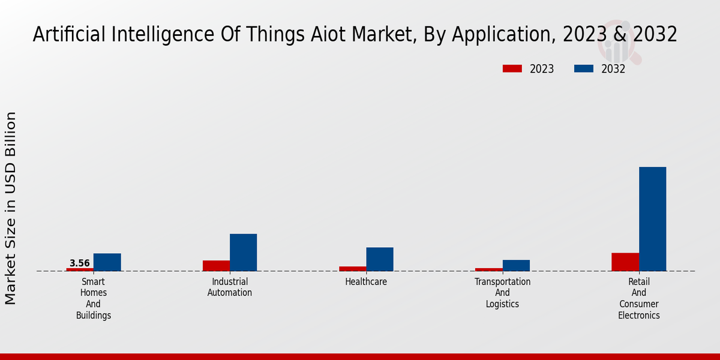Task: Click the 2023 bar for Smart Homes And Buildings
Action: pyautogui.click(x=80, y=269)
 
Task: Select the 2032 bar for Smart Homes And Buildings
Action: pyautogui.click(x=107, y=262)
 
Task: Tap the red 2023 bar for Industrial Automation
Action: pyautogui.click(x=216, y=266)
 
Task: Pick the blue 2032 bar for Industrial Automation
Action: pyautogui.click(x=243, y=253)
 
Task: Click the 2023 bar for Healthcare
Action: pyautogui.click(x=352, y=269)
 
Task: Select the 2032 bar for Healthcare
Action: pyautogui.click(x=380, y=259)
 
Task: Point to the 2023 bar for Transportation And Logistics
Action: pyautogui.click(x=488, y=269)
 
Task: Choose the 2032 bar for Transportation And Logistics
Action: pyautogui.click(x=516, y=265)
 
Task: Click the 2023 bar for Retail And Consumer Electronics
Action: pyautogui.click(x=625, y=262)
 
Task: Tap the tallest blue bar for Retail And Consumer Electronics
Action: pyautogui.click(x=652, y=219)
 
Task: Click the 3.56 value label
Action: pyautogui.click(x=80, y=263)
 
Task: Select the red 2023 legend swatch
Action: pyautogui.click(x=512, y=69)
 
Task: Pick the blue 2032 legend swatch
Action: pyautogui.click(x=584, y=69)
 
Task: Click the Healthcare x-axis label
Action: pyautogui.click(x=366, y=281)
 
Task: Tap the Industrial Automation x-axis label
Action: pyautogui.click(x=230, y=287)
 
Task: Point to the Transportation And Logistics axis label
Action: pyautogui.click(x=502, y=292)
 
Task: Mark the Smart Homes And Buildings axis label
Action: pyautogui.click(x=94, y=298)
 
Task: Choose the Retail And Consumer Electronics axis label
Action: pyautogui.click(x=638, y=298)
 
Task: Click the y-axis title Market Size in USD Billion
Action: pyautogui.click(x=11, y=208)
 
